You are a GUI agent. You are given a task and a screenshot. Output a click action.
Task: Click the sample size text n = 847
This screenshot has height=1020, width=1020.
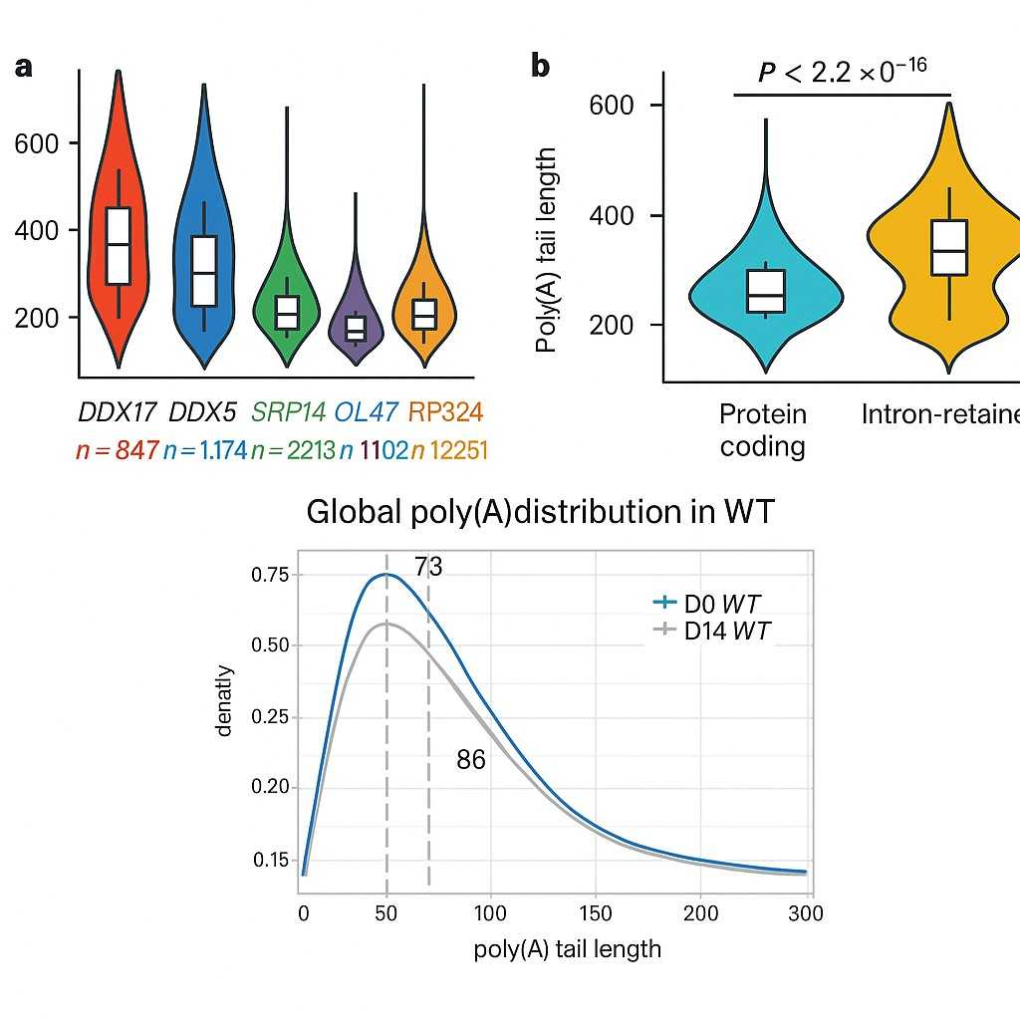tap(117, 450)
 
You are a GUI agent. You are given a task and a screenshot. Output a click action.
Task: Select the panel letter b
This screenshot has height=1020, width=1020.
tap(540, 67)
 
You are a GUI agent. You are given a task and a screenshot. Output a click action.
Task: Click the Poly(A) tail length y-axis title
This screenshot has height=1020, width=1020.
tap(546, 249)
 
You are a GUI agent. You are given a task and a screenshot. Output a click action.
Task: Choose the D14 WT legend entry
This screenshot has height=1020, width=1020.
tap(713, 630)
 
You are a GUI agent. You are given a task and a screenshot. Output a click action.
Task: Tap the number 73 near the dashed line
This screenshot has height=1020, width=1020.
tap(428, 567)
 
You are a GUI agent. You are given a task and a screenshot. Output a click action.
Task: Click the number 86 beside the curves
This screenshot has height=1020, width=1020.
tap(470, 761)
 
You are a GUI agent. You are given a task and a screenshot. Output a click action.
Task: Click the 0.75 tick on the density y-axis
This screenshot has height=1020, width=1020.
tap(269, 575)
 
